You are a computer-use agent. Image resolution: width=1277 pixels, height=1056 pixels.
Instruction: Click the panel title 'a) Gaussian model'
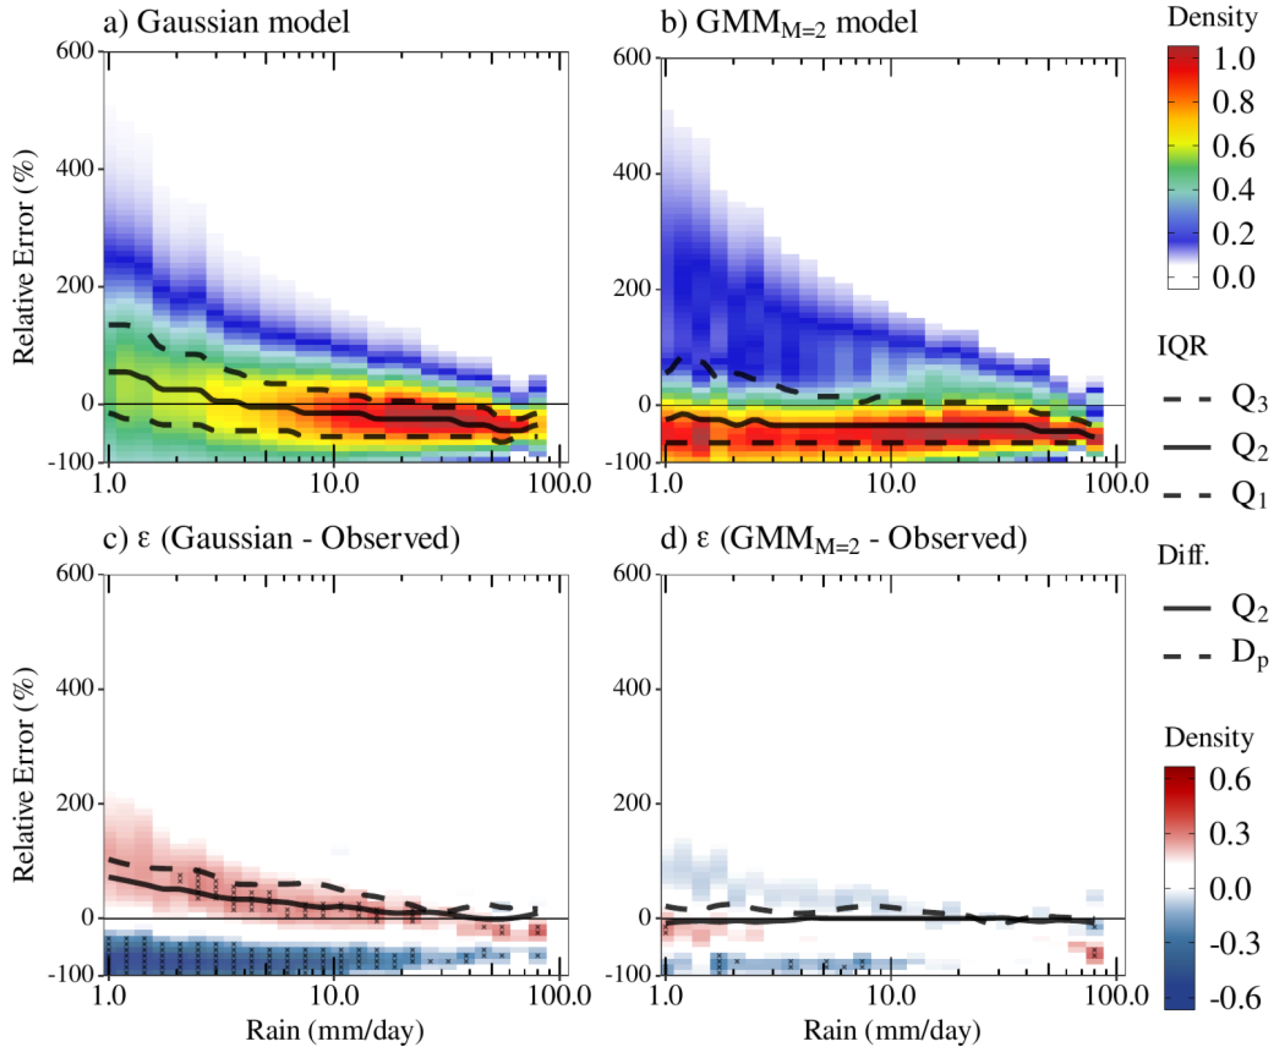[226, 22]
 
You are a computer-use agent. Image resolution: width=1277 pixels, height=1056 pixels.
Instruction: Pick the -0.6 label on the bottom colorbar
[1235, 998]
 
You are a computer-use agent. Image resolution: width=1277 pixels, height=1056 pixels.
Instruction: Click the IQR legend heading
[1182, 346]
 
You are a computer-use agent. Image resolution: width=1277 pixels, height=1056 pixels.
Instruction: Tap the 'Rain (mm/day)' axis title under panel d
[892, 1030]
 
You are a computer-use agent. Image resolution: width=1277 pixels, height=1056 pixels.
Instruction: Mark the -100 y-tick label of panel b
[627, 462]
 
